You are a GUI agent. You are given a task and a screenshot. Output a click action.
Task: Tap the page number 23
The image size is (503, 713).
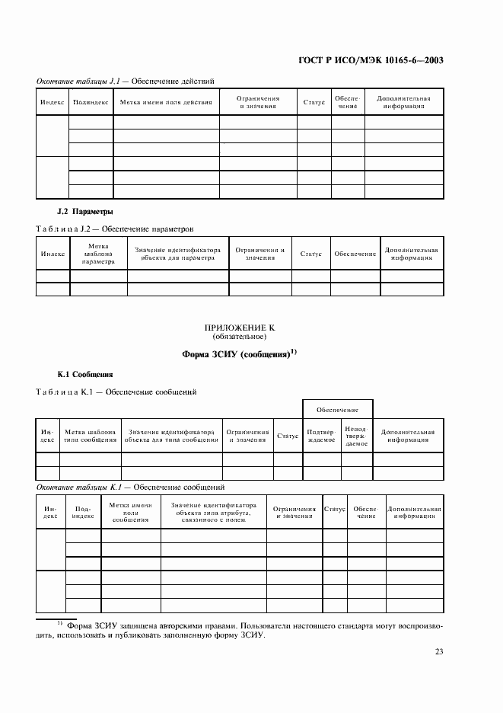point(439,651)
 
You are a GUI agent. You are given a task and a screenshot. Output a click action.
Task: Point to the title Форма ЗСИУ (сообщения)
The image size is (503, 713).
point(239,353)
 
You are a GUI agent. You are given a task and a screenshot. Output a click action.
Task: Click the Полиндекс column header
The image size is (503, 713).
point(91,101)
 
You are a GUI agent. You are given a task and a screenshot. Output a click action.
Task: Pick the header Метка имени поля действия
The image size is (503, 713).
point(166,101)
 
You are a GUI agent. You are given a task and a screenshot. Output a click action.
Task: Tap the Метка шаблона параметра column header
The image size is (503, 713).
point(98,254)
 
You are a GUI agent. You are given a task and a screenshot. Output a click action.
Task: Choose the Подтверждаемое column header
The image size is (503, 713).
point(320,436)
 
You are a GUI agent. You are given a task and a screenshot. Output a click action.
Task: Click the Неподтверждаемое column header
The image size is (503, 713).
point(355,436)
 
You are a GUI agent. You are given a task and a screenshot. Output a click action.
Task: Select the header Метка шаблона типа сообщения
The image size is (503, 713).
point(90,436)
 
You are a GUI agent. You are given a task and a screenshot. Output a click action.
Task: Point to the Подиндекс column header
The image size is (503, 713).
point(82,511)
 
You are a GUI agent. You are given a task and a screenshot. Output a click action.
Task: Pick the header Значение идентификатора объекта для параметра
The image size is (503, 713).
point(177,254)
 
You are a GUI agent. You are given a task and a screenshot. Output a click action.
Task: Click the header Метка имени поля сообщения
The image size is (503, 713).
point(130,511)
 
